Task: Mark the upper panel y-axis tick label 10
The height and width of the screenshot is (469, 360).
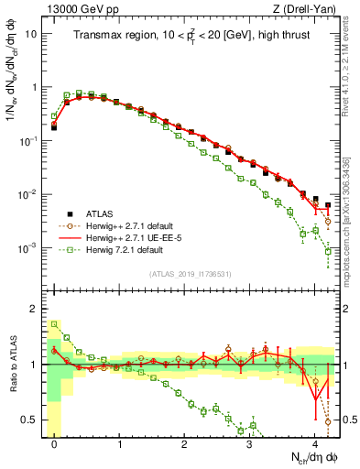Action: (30, 34)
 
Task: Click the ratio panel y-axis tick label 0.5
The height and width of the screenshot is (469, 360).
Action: (28, 420)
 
